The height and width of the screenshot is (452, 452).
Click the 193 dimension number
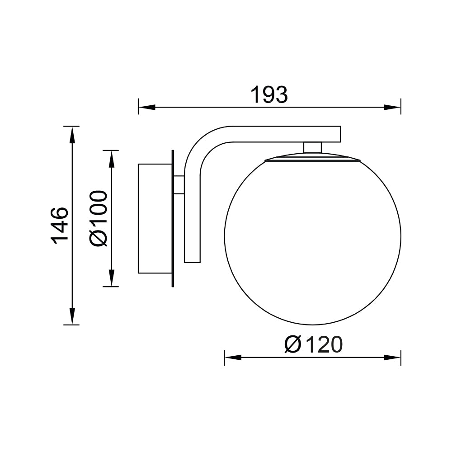coord(269,95)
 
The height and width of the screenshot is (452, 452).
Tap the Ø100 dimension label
coord(99,218)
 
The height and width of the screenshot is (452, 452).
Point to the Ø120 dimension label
coord(313,345)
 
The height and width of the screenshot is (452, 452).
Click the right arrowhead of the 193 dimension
coord(392,108)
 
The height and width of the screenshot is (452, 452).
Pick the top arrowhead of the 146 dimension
coord(71,135)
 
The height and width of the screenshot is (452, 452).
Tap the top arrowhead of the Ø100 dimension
coord(112,159)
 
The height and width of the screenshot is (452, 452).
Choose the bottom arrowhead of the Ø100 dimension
coord(112,278)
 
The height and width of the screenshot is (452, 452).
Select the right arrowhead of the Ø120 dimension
coord(392,357)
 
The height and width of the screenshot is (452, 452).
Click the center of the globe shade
coord(312,237)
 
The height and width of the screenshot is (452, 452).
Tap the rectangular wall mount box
coord(155,219)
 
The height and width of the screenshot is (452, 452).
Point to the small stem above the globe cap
coord(312,147)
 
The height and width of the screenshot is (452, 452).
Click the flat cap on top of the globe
coord(312,157)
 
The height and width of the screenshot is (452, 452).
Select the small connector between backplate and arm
coord(179,184)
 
